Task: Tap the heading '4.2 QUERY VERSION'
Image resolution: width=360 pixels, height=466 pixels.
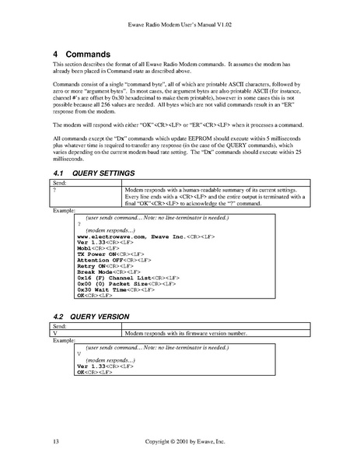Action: click(x=89, y=318)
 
